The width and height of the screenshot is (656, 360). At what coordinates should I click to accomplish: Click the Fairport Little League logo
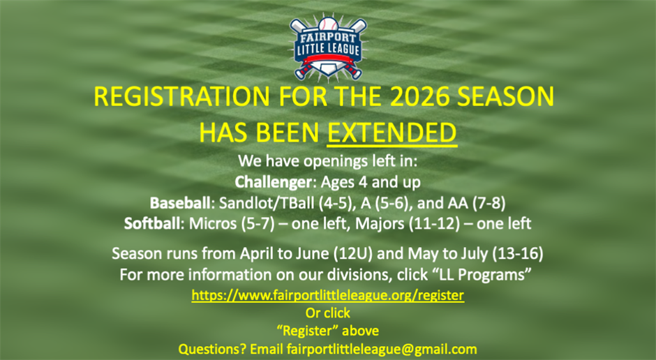coord(327,47)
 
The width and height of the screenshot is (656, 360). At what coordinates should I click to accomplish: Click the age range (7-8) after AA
coord(486,204)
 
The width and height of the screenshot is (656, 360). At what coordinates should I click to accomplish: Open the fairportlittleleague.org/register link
coord(327,295)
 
